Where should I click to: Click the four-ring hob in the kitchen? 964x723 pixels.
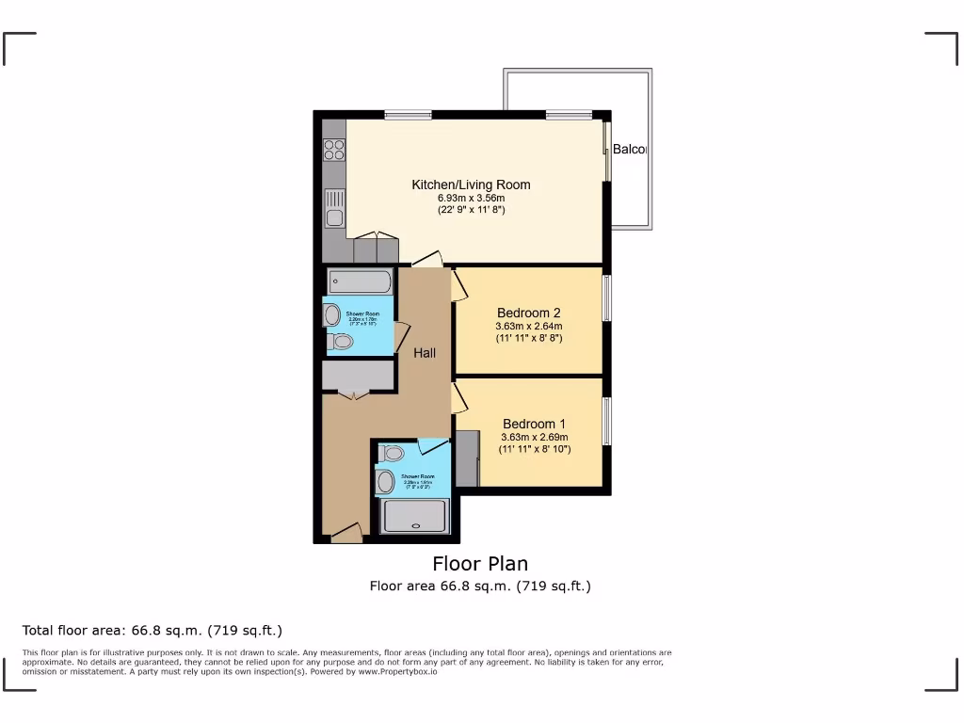tap(334, 151)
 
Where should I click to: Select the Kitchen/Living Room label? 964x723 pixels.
tap(471, 185)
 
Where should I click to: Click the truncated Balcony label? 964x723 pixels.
tap(630, 150)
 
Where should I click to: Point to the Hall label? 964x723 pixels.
tap(425, 353)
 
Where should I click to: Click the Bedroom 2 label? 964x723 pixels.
tap(528, 313)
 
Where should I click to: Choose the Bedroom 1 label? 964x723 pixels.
tap(534, 424)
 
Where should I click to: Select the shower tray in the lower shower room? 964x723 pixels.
tap(413, 516)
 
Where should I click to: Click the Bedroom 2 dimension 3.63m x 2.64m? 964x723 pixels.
tap(528, 326)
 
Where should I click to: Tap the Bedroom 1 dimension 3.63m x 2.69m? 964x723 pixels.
tap(534, 437)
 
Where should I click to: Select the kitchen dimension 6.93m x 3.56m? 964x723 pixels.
tap(471, 199)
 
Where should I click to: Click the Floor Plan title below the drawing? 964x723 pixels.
tap(480, 564)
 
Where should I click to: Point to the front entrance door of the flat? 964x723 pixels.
tap(345, 534)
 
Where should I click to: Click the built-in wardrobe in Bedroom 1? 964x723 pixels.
tap(467, 458)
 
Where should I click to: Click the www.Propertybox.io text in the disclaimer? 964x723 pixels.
tap(397, 672)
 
